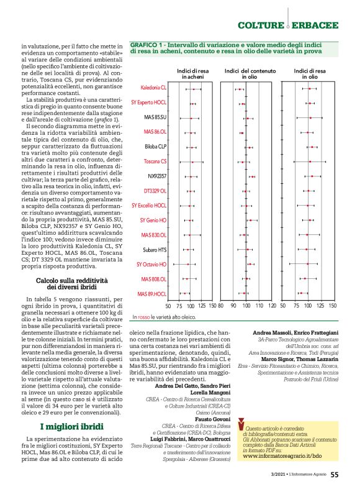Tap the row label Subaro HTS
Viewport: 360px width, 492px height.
155,250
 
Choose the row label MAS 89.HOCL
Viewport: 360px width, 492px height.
152,293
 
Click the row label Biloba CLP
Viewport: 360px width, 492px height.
155,147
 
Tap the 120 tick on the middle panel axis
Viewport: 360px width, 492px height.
272,306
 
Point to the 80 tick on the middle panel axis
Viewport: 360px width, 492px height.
233,306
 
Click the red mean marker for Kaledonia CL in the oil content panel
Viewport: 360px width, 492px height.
239,89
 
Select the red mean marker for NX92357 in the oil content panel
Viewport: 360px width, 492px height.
252,176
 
